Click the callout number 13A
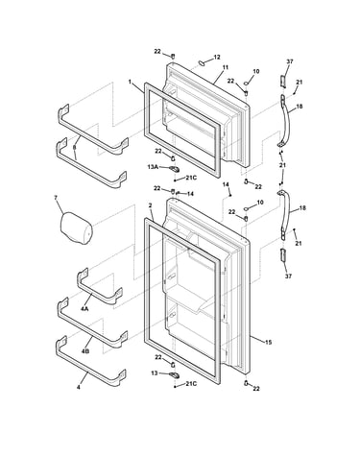click(153, 167)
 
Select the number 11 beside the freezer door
click(226, 67)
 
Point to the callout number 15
click(268, 343)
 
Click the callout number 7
click(56, 198)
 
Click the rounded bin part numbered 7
click(76, 228)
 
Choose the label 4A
click(84, 309)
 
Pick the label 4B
click(85, 351)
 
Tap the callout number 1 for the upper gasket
click(130, 82)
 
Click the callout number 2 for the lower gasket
click(150, 204)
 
